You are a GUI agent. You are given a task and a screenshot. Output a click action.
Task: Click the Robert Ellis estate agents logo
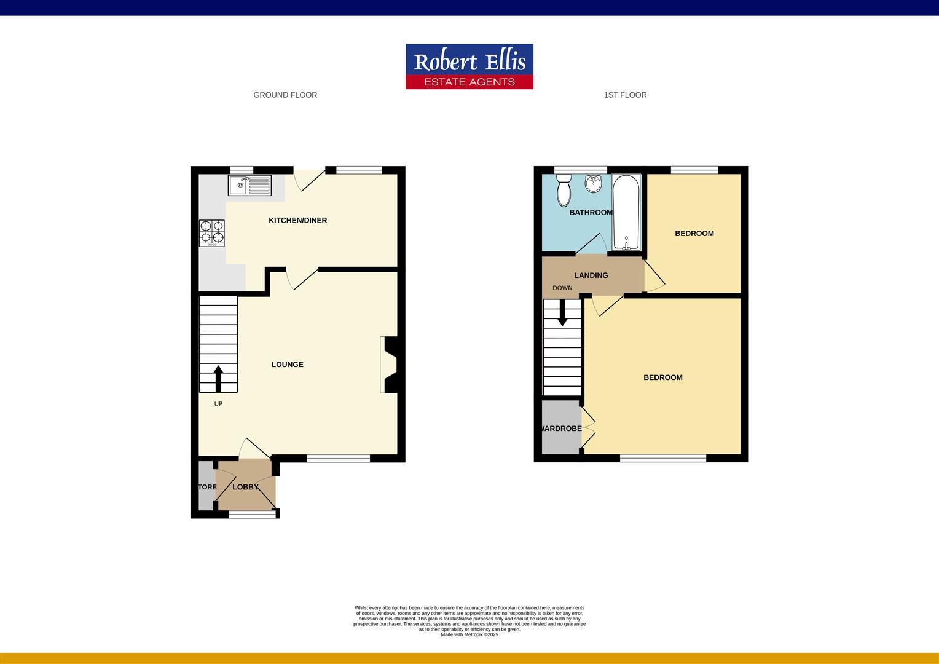(x=469, y=66)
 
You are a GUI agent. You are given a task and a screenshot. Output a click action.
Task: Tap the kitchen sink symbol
(x=249, y=185)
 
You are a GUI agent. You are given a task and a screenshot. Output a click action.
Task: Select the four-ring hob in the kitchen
(x=211, y=233)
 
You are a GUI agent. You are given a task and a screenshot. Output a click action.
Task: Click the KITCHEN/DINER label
(x=297, y=220)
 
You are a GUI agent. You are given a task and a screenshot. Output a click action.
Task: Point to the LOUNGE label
(x=287, y=365)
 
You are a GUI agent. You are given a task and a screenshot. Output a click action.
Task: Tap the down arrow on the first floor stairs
(x=562, y=314)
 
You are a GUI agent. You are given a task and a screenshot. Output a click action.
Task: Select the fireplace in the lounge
(x=389, y=364)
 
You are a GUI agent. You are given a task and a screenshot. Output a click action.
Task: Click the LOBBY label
(x=245, y=487)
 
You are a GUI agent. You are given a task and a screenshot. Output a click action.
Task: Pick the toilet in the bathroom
(x=563, y=189)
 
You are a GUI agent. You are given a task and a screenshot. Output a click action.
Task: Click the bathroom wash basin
(x=593, y=183)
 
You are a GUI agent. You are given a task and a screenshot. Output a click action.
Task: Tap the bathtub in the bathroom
(x=626, y=212)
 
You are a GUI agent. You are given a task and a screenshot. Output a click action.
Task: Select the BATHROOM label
(x=591, y=213)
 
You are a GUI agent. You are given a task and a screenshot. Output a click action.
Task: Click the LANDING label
(x=591, y=275)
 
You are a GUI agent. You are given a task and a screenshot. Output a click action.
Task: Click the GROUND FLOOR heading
(x=285, y=95)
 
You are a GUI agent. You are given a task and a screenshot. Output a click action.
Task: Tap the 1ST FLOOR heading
(x=625, y=95)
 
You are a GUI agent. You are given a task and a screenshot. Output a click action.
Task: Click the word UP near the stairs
(x=218, y=404)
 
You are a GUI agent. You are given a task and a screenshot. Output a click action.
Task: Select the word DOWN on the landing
(x=562, y=288)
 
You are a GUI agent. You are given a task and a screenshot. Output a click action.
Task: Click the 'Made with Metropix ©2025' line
(x=469, y=634)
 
